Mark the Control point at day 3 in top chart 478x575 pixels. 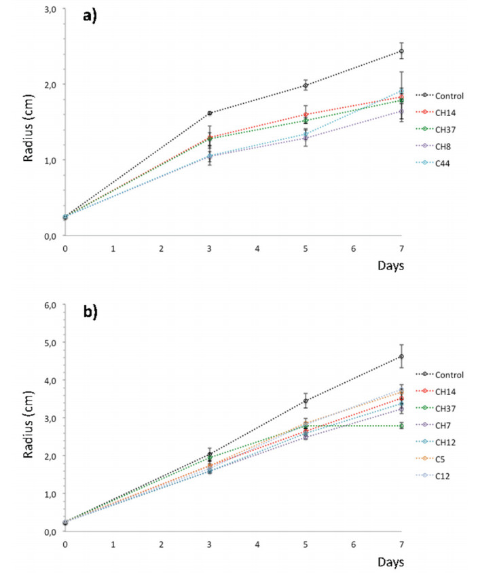coord(210,113)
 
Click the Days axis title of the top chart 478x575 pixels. coord(391,265)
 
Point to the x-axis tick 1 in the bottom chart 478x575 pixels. coord(113,544)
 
